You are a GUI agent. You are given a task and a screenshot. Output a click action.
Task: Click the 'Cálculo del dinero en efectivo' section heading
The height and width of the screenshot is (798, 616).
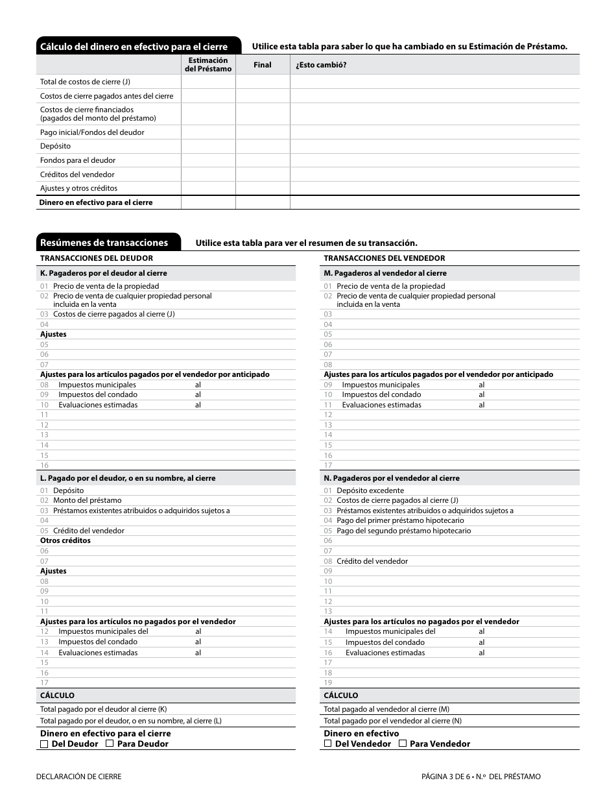coord(134,47)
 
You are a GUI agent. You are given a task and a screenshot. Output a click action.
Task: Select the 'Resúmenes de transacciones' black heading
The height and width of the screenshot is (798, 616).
coord(104,243)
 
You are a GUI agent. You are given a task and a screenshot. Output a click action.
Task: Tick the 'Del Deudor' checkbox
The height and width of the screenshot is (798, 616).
coord(44,744)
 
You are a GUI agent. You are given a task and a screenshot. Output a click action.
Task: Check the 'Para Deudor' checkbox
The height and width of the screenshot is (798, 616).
coord(110,744)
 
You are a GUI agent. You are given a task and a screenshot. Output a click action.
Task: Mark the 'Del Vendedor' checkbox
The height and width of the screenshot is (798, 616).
coord(328,744)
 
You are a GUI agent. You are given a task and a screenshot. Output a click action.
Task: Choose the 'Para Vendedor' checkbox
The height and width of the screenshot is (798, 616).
coord(403,744)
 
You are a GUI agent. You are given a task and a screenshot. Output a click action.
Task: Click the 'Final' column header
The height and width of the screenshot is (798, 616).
coord(263,65)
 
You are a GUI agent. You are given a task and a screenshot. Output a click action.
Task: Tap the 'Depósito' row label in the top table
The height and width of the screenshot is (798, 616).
coord(55,146)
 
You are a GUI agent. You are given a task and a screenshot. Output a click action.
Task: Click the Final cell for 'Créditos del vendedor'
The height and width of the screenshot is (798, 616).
coord(263,175)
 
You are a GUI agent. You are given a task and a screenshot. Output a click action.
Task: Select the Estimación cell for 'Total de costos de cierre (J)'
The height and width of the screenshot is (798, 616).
coord(207,82)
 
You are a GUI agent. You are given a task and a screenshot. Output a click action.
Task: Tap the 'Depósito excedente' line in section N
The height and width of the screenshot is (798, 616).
coord(370,490)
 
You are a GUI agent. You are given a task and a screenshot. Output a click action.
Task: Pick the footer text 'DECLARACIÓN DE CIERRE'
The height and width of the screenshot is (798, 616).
coord(78,777)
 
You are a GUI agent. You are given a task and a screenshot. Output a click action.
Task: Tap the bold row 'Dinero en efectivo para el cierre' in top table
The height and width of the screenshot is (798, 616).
coord(96,202)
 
